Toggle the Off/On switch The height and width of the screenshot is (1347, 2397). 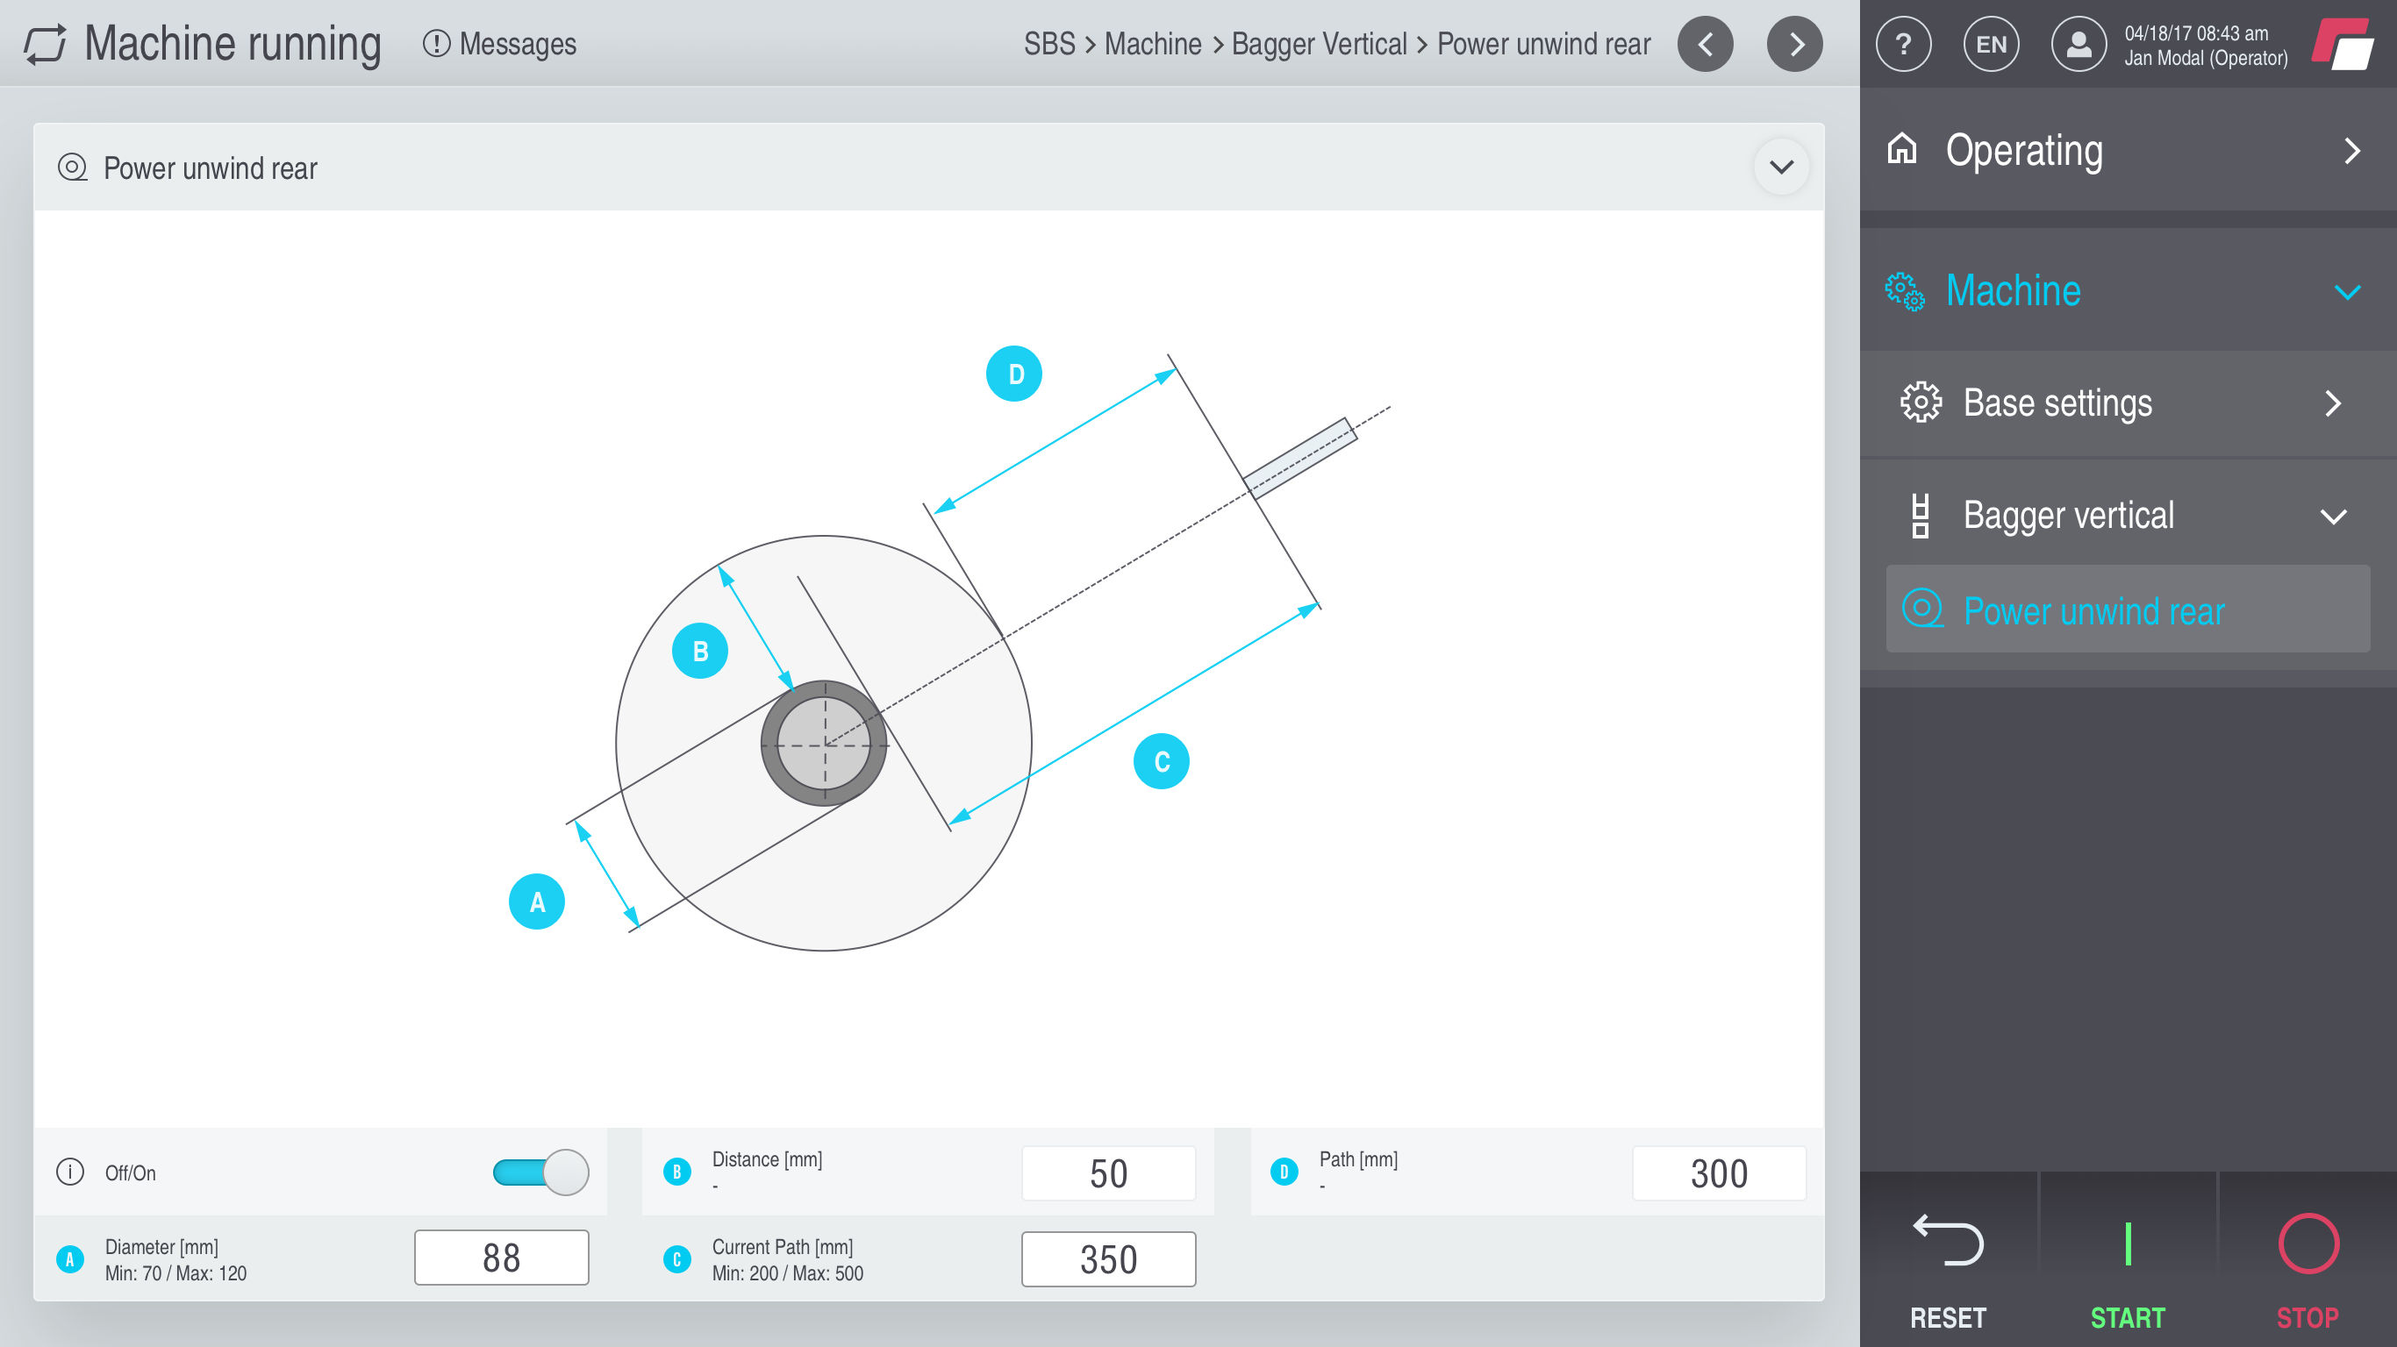click(540, 1172)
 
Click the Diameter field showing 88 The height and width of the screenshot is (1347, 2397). click(502, 1258)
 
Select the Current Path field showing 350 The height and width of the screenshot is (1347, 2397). click(1108, 1258)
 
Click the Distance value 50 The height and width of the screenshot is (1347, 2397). click(1108, 1173)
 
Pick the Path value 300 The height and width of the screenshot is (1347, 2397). click(1719, 1173)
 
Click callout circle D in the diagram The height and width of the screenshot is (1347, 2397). click(1014, 374)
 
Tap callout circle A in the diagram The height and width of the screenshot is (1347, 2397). click(537, 902)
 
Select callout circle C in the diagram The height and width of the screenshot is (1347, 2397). click(1162, 762)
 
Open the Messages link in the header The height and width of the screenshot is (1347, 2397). click(501, 44)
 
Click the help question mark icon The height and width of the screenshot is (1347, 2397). click(1904, 44)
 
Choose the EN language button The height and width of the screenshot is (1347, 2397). click(1992, 44)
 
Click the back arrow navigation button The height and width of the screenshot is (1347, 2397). click(1706, 44)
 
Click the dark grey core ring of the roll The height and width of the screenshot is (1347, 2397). click(769, 744)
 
